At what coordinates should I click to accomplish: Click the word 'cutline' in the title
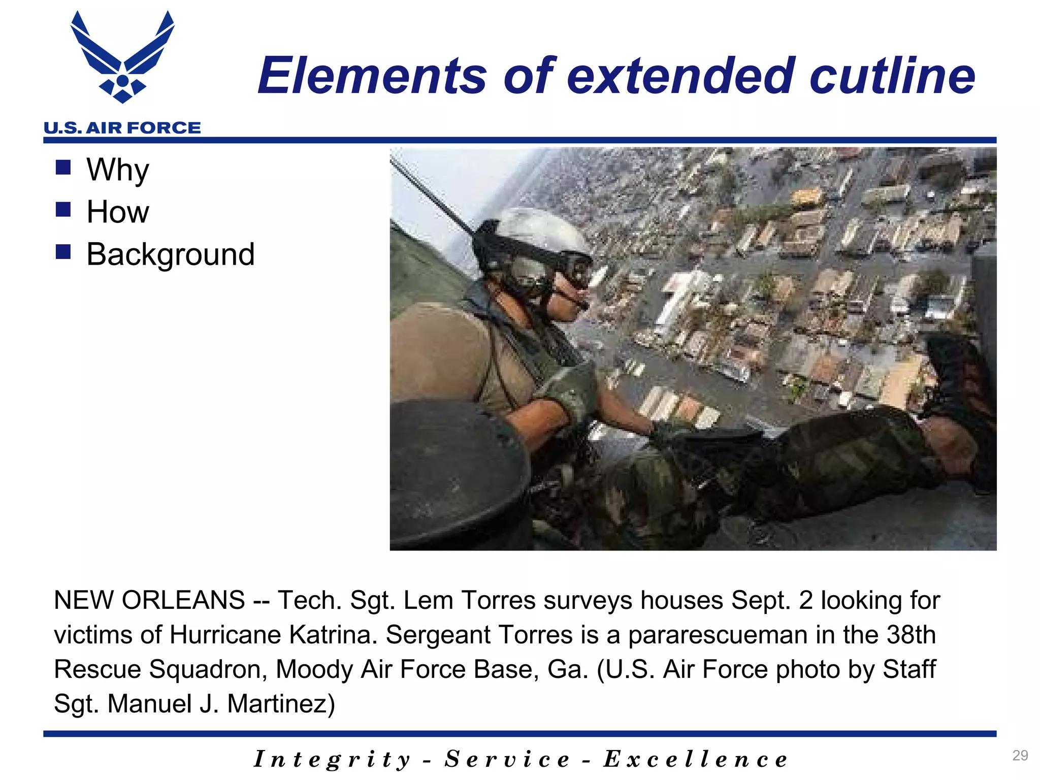[x=892, y=76]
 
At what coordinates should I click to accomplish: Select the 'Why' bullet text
[x=118, y=170]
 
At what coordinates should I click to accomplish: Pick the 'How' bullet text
[x=118, y=212]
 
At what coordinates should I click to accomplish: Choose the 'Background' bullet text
[x=170, y=254]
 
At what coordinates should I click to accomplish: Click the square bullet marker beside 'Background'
[x=63, y=252]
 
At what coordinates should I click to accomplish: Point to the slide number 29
[x=1020, y=755]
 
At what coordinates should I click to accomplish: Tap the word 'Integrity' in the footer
[x=332, y=760]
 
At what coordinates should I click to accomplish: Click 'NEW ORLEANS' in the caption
[x=149, y=600]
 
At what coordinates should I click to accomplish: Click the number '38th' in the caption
[x=911, y=635]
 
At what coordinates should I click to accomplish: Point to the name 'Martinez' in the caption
[x=281, y=704]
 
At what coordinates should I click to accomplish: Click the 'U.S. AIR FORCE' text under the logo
[x=122, y=128]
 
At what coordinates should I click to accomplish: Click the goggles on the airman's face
[x=569, y=269]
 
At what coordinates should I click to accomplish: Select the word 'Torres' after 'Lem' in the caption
[x=498, y=600]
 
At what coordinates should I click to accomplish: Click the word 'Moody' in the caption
[x=314, y=669]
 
